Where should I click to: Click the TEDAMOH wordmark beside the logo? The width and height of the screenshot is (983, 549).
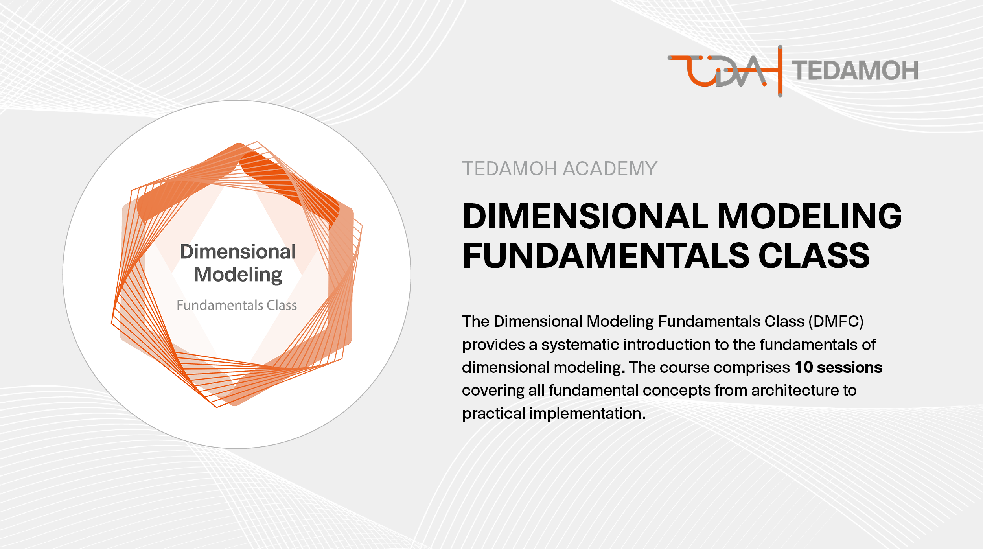tap(854, 71)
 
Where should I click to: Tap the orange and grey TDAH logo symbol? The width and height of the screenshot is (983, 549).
tap(725, 71)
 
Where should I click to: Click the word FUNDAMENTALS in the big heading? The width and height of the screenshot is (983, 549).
tap(606, 256)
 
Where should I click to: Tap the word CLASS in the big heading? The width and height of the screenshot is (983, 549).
tap(814, 256)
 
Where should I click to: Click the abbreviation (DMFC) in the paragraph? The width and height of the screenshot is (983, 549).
tap(836, 322)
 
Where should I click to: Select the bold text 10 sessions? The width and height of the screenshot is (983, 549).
tap(839, 367)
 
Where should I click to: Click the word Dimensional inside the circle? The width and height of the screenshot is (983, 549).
tap(237, 252)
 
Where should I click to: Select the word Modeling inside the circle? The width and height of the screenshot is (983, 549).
tap(238, 274)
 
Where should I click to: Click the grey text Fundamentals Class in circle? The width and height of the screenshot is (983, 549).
tap(237, 305)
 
